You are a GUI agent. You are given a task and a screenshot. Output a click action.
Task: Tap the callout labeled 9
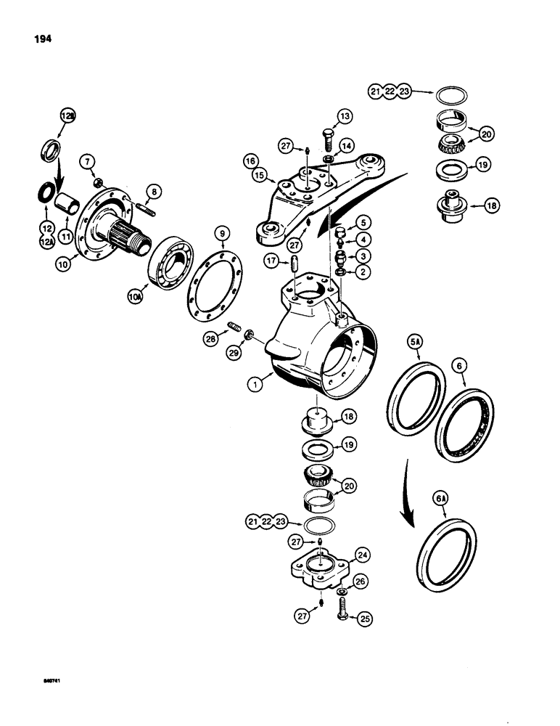tap(220, 234)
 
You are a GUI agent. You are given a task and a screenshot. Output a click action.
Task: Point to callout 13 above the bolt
tap(343, 115)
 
